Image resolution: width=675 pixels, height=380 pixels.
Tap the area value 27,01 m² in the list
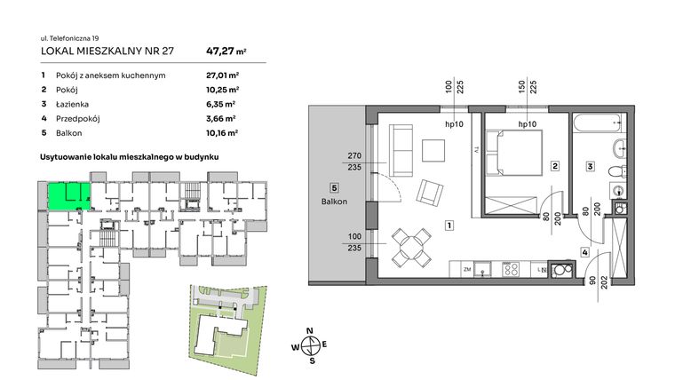coord(223,76)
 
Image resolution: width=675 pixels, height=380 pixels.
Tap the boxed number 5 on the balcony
coord(333,187)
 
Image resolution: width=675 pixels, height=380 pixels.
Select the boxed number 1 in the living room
coord(451,226)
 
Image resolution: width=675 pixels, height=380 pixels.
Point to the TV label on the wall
coord(477,150)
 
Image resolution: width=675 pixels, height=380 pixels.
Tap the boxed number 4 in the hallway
coord(584,252)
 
